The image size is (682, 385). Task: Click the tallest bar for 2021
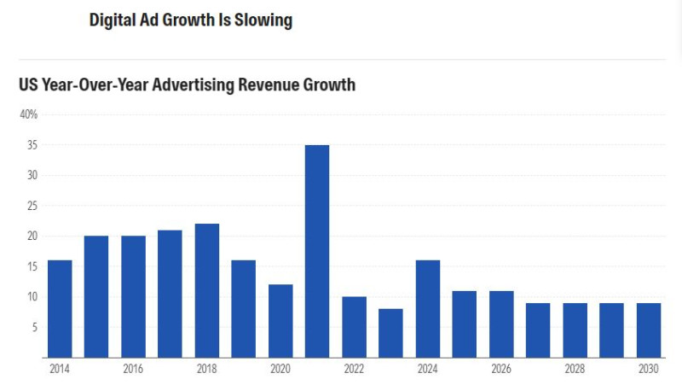tap(317, 251)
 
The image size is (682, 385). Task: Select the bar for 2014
tap(60, 308)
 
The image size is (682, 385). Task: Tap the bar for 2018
tap(207, 290)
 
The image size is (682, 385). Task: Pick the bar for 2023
tap(390, 333)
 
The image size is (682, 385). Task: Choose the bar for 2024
tap(428, 308)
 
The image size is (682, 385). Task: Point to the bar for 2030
tap(649, 330)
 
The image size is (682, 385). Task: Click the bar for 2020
tap(280, 320)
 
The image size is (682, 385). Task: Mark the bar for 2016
tap(133, 296)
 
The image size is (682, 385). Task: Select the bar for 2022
tap(354, 327)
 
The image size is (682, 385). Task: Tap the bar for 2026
tap(501, 324)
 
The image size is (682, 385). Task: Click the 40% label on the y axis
tap(29, 114)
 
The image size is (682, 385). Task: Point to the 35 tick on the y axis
tap(32, 145)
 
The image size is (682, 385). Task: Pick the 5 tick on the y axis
tap(34, 327)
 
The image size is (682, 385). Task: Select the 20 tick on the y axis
tap(32, 236)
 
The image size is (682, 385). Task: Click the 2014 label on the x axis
tap(60, 368)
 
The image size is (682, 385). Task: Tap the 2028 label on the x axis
tap(575, 368)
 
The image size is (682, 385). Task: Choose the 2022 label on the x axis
tap(354, 368)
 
